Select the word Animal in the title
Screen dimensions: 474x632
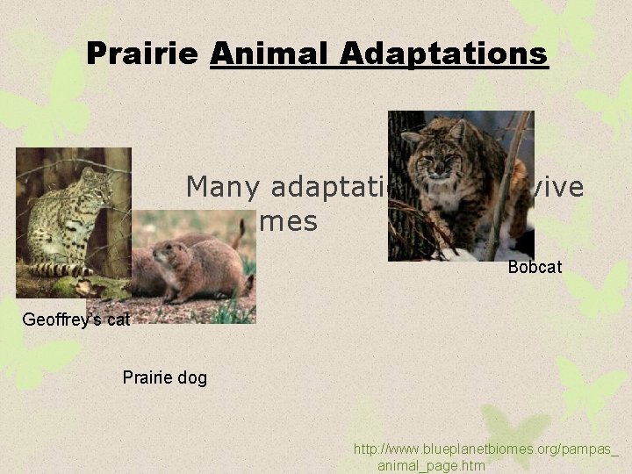pyautogui.click(x=270, y=54)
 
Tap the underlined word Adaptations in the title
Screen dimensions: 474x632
pyautogui.click(x=443, y=54)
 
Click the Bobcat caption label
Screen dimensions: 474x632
pyautogui.click(x=535, y=266)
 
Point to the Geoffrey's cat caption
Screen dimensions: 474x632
pyautogui.click(x=75, y=320)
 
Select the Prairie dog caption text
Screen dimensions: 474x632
pyautogui.click(x=165, y=377)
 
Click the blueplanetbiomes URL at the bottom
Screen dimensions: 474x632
pyautogui.click(x=485, y=449)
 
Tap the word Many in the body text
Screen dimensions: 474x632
pyautogui.click(x=224, y=187)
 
